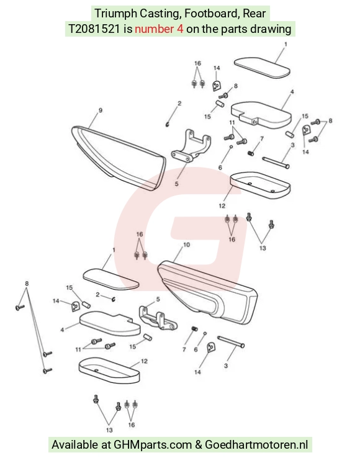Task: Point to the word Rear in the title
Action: click(x=254, y=14)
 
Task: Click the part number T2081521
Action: click(x=94, y=29)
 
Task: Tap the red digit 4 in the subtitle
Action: click(x=180, y=29)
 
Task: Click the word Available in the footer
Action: click(x=75, y=444)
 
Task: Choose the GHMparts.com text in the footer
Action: click(x=152, y=444)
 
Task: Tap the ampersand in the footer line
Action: click(x=199, y=444)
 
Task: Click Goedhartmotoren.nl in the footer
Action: click(x=256, y=444)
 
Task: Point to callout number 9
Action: click(x=101, y=110)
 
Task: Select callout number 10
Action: click(x=186, y=245)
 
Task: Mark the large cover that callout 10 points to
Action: click(x=207, y=292)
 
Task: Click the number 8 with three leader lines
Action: click(x=27, y=284)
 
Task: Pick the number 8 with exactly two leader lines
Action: click(x=330, y=120)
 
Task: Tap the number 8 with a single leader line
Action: click(x=235, y=86)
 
